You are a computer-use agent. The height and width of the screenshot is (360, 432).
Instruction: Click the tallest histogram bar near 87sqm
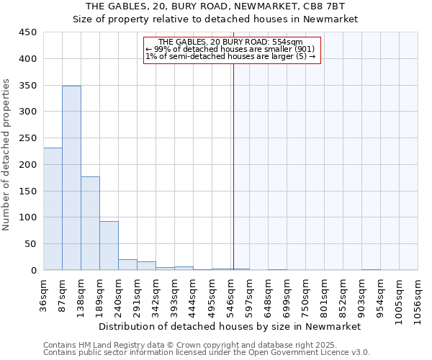click(x=71, y=178)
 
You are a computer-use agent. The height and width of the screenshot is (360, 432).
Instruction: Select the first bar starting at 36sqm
click(x=53, y=209)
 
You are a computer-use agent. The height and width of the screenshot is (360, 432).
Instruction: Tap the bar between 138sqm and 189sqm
click(x=90, y=223)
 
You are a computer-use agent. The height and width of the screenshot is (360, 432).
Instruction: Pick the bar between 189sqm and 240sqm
click(x=109, y=246)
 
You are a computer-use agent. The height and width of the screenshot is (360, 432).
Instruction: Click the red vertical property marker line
click(x=233, y=158)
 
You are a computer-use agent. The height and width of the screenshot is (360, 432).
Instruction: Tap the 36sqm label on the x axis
click(x=44, y=294)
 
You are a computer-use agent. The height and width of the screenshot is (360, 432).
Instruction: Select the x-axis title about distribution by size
click(x=230, y=326)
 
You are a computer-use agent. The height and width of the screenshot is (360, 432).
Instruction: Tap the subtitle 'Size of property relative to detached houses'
click(x=215, y=19)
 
